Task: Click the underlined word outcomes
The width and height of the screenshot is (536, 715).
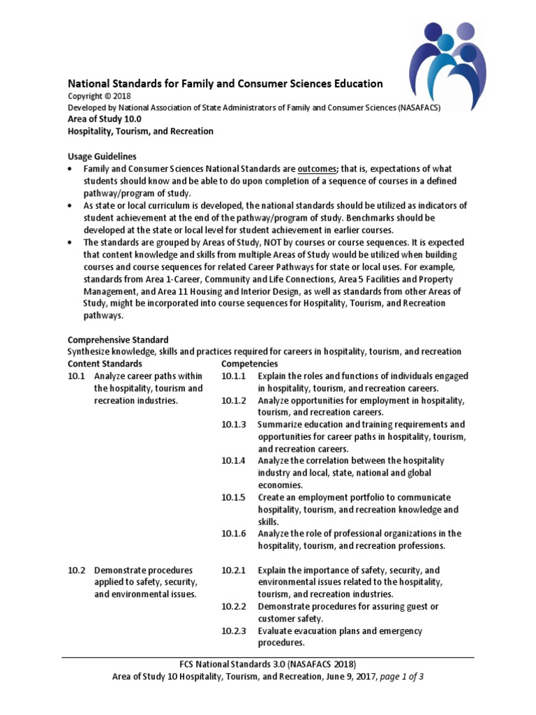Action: [318, 169]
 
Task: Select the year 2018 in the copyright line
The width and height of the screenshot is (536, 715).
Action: [120, 96]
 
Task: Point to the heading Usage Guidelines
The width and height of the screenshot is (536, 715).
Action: [102, 156]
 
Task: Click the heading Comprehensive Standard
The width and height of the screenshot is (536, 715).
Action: [118, 339]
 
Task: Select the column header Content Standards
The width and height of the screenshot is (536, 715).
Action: [105, 364]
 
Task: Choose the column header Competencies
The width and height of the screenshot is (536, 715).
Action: [249, 364]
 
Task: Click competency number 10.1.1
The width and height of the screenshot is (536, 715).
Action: [234, 376]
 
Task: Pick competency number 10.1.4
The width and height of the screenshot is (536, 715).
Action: [234, 461]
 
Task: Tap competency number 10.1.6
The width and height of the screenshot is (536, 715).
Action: [234, 533]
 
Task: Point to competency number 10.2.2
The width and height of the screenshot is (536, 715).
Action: [234, 607]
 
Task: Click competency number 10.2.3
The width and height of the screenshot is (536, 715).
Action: [234, 631]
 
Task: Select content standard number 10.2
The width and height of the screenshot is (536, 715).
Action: [76, 570]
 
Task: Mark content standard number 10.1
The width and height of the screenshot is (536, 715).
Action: [76, 376]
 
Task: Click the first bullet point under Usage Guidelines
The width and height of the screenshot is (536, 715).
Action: [70, 170]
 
